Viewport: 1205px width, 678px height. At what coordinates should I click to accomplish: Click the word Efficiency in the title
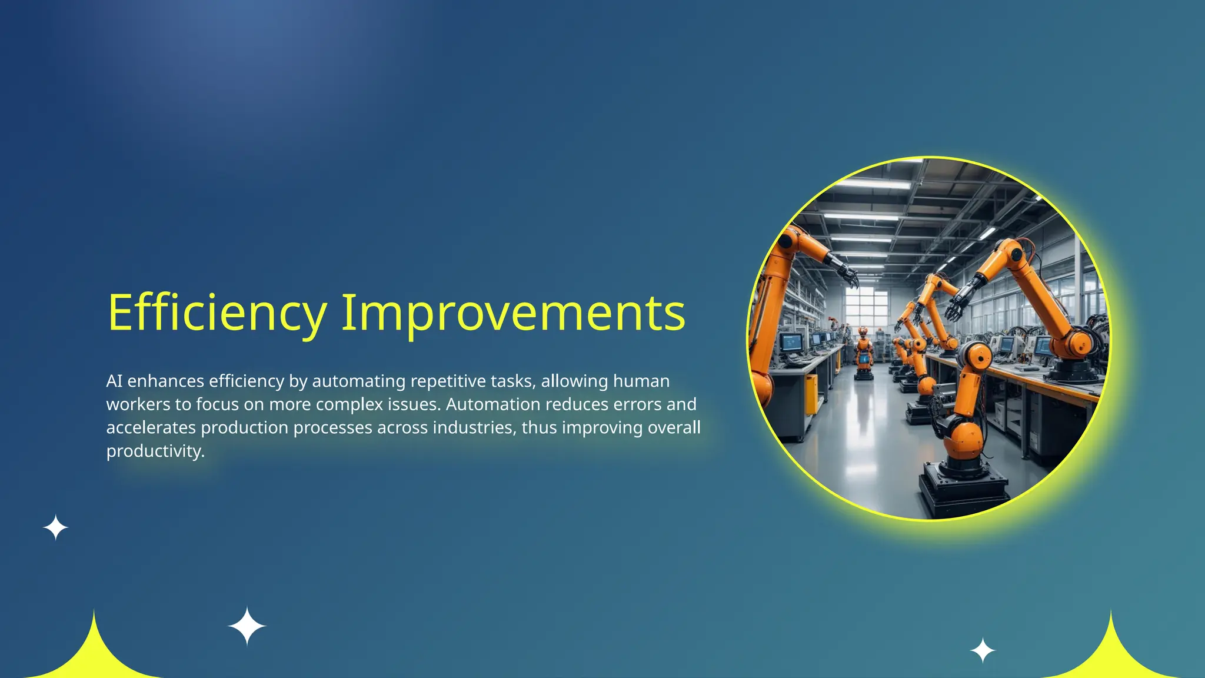point(217,313)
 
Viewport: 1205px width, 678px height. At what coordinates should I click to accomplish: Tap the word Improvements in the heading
point(513,313)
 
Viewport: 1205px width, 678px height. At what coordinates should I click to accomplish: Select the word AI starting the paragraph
point(114,381)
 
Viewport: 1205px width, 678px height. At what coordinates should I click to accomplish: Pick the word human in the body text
point(641,381)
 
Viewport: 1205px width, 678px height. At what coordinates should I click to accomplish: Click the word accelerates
point(151,427)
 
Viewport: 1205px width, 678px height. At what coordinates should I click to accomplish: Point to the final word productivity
point(155,451)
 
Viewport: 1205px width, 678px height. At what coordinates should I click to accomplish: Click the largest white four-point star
point(247,626)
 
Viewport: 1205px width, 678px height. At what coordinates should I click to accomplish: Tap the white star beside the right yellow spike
point(983,650)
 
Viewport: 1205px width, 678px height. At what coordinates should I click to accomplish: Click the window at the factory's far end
point(866,306)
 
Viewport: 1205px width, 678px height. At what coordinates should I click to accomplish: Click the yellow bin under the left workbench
point(811,393)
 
